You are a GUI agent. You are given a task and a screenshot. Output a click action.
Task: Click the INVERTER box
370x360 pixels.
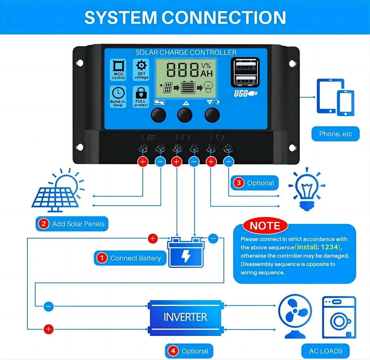click(x=185, y=317)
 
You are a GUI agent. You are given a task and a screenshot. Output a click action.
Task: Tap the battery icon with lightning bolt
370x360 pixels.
click(x=186, y=252)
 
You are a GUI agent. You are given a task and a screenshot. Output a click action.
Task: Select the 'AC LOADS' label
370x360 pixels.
click(x=326, y=351)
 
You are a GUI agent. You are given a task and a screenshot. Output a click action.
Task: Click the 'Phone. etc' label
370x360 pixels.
click(x=336, y=134)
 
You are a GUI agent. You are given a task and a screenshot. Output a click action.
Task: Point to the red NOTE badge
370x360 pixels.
click(x=265, y=226)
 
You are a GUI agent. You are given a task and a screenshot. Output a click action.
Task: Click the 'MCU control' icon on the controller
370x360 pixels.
click(x=118, y=70)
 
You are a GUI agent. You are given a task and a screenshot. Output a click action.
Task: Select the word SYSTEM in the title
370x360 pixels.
click(x=121, y=17)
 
